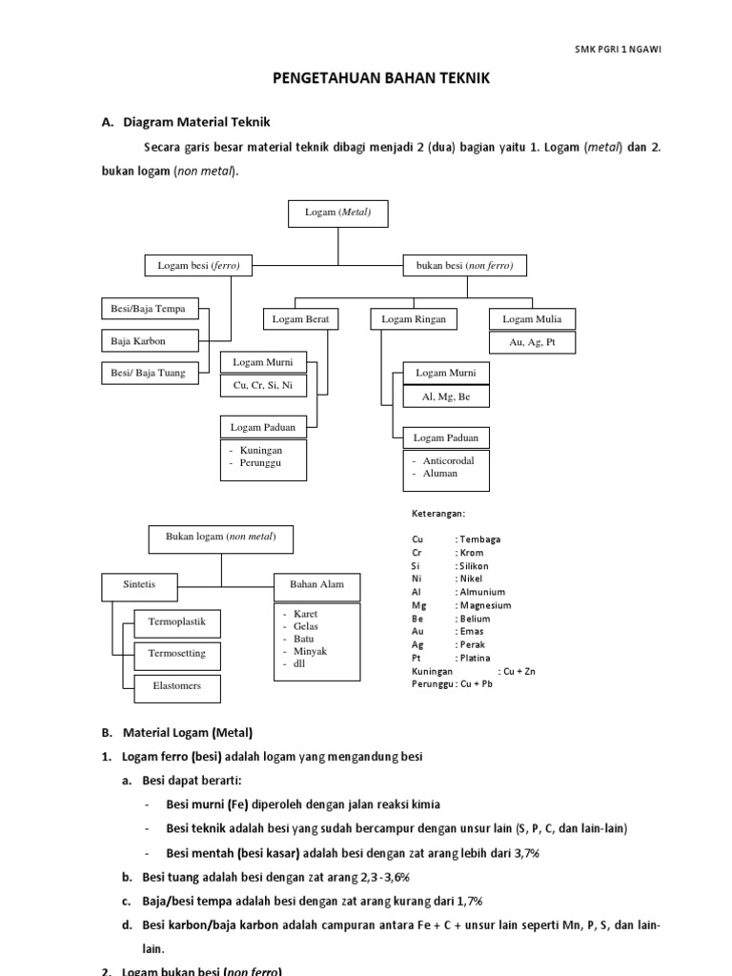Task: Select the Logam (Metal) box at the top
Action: pyautogui.click(x=337, y=213)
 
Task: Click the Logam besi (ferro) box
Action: pyautogui.click(x=198, y=266)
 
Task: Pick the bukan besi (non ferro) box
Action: pyautogui.click(x=465, y=266)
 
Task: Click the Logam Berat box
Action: pyautogui.click(x=300, y=319)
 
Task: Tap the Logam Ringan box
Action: pyautogui.click(x=414, y=319)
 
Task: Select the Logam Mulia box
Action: pyautogui.click(x=532, y=319)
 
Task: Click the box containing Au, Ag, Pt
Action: pyautogui.click(x=532, y=342)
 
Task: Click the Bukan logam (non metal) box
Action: pyautogui.click(x=221, y=538)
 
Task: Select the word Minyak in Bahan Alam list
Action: pyautogui.click(x=310, y=651)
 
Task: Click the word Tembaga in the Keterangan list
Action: pyautogui.click(x=479, y=539)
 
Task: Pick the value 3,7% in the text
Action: pyautogui.click(x=524, y=853)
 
